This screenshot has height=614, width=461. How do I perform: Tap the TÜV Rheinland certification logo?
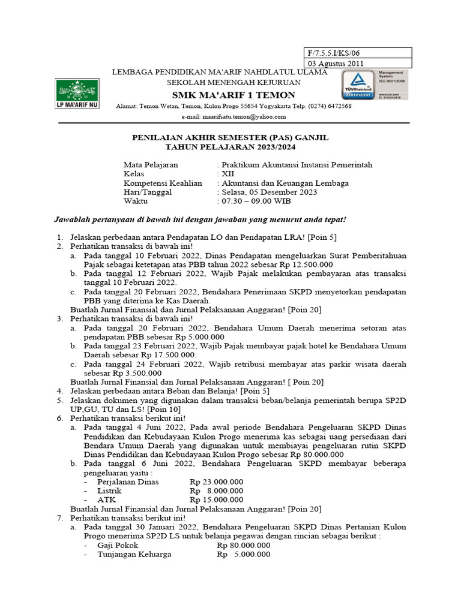point(358,85)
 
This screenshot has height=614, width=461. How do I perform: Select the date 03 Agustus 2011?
point(336,64)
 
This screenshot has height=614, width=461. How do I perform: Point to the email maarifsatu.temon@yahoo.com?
point(243,116)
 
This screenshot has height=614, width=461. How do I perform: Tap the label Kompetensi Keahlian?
point(163,183)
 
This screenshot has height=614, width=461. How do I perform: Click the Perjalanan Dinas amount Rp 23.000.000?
point(217,481)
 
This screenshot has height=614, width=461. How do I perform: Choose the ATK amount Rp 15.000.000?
point(217,499)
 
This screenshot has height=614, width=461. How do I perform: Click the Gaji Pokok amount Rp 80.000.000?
point(244,546)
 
